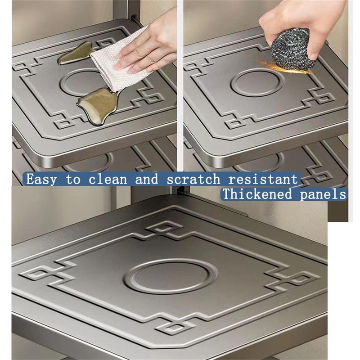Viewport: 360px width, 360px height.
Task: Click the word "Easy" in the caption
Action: tap(41, 179)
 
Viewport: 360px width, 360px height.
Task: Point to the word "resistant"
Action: tap(263, 179)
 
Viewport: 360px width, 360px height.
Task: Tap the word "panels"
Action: tap(324, 194)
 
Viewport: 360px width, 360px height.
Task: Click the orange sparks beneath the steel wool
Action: tap(279, 68)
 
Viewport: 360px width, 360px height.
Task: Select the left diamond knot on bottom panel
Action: tap(38, 273)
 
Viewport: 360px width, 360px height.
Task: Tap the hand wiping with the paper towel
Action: tap(148, 49)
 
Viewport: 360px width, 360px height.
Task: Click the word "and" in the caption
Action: tap(147, 179)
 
